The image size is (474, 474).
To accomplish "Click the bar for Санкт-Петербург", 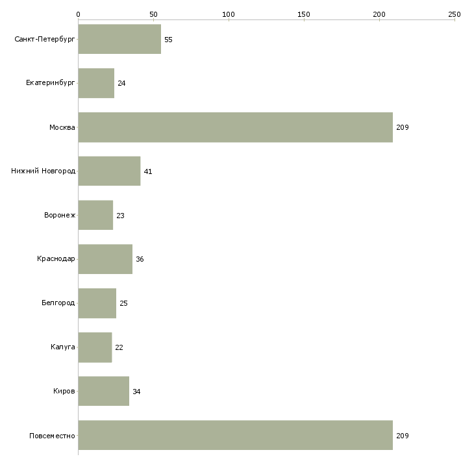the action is [x=119, y=39].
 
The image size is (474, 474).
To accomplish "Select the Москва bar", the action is [x=236, y=127].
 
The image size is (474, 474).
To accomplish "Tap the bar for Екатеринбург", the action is [x=97, y=83].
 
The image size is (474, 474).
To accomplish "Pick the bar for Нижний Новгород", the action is [x=110, y=171].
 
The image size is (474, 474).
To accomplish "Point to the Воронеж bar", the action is [x=96, y=215].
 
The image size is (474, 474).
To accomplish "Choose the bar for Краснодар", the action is [x=105, y=259].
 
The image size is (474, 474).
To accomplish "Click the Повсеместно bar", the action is [x=236, y=435].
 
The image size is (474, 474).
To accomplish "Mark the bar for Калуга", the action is [x=95, y=347].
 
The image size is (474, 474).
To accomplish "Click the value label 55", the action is [x=168, y=40].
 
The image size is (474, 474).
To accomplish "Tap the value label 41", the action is [x=148, y=171].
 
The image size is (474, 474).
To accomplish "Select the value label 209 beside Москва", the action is [x=403, y=127].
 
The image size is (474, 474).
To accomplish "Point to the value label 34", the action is [x=136, y=392].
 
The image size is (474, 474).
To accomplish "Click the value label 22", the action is [x=119, y=347].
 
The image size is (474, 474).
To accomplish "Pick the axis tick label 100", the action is [x=229, y=14].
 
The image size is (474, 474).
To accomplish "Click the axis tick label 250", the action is [x=455, y=14].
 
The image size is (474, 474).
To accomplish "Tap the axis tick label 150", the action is [x=304, y=14].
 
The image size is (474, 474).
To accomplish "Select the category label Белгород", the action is [x=58, y=303].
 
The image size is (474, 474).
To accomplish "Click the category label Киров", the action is [x=64, y=391].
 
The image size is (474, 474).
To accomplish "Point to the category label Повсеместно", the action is [x=52, y=436].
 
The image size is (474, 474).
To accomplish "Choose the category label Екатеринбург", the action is [x=50, y=83].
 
